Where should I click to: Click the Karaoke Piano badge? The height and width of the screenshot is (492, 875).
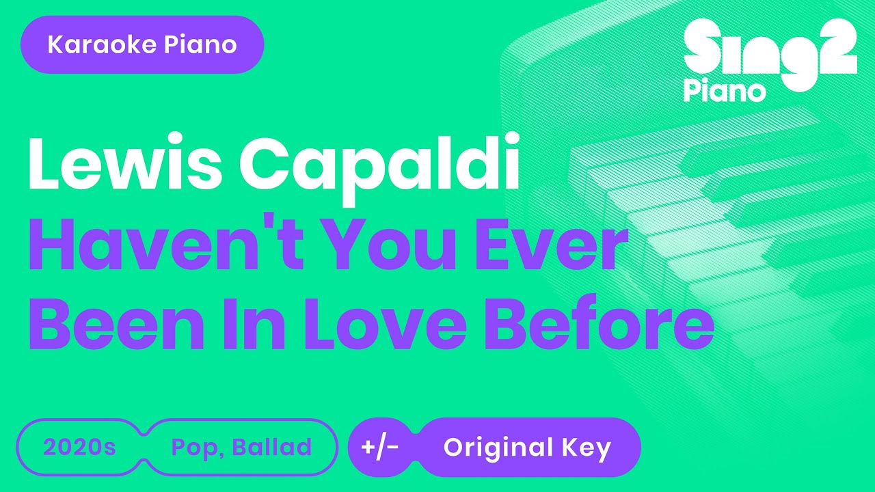click(x=142, y=45)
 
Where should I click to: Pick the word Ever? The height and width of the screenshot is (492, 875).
click(x=554, y=247)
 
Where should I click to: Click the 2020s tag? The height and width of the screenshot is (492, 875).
click(x=79, y=448)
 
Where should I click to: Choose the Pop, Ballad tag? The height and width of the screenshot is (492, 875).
click(x=241, y=448)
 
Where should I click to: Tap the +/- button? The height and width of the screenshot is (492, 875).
click(x=380, y=448)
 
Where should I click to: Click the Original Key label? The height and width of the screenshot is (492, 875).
click(x=527, y=448)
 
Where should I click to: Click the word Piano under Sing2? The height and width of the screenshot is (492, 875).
click(x=725, y=90)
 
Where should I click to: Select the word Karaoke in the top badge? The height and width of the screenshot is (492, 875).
click(x=94, y=45)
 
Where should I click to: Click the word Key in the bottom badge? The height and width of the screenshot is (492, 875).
click(x=587, y=448)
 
